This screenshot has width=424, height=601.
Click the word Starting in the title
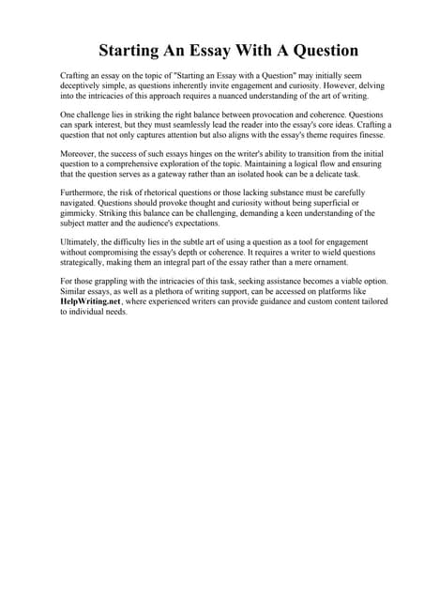tap(134, 50)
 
